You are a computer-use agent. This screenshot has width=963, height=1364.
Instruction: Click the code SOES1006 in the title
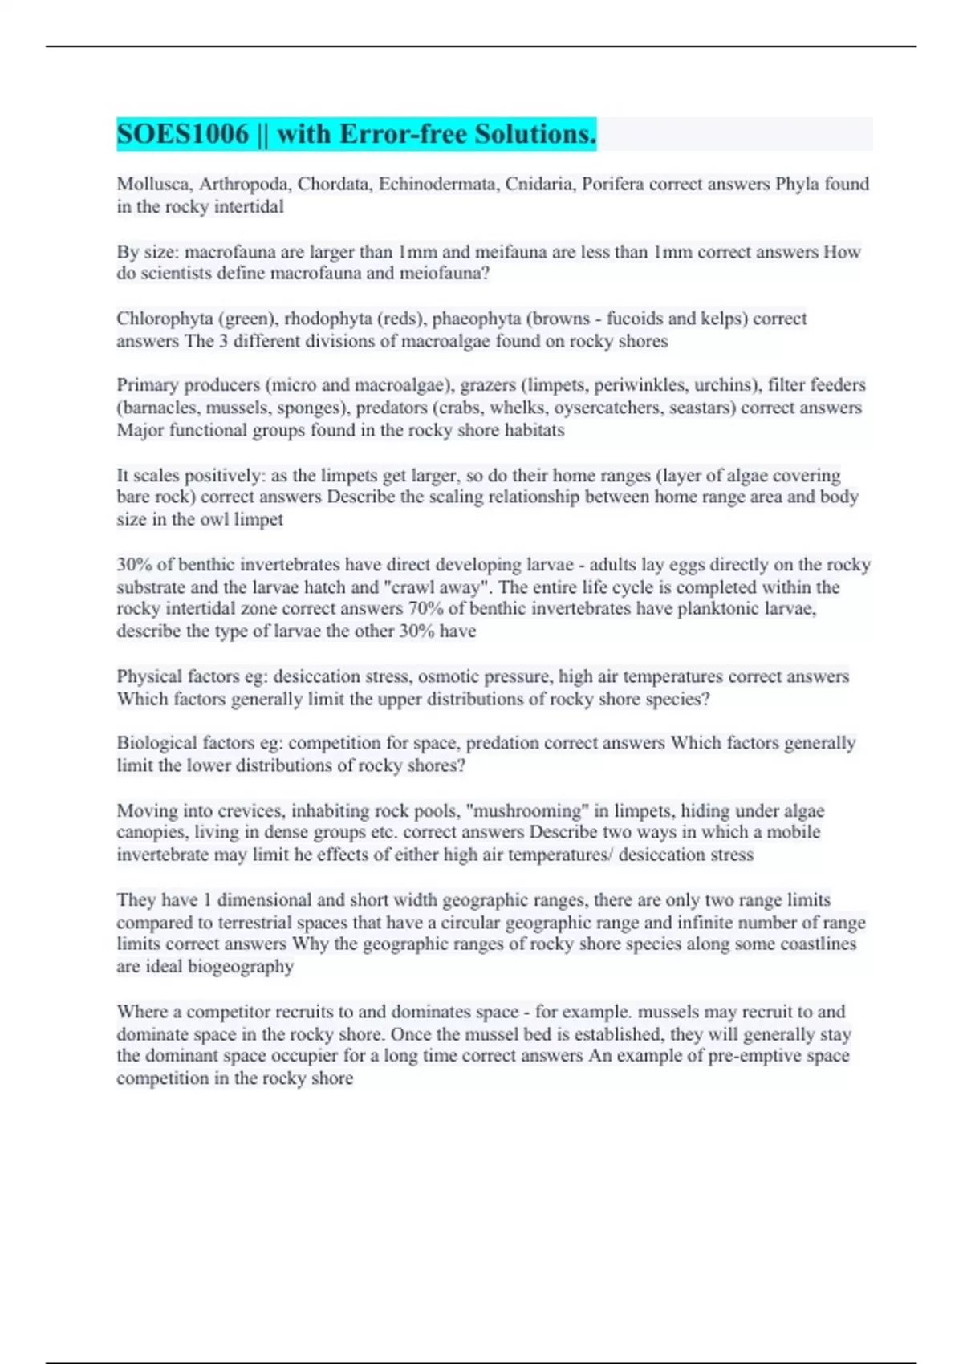(x=183, y=134)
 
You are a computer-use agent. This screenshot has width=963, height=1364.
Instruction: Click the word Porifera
(x=612, y=185)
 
